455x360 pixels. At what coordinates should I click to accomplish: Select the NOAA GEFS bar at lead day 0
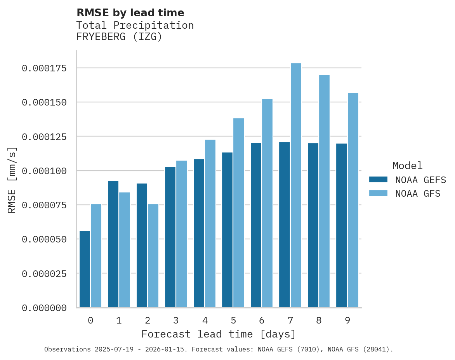(85, 269)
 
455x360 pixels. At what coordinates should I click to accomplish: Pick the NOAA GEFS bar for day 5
(227, 230)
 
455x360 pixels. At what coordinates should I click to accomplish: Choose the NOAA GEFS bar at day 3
(170, 237)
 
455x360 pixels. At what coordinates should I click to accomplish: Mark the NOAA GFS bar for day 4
(210, 223)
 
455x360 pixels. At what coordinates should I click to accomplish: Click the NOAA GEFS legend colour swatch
(378, 180)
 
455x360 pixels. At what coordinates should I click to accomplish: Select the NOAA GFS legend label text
(418, 193)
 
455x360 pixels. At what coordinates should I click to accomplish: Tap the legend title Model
(407, 166)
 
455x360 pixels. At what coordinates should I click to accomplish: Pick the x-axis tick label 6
(262, 320)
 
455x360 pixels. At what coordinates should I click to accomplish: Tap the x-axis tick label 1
(119, 320)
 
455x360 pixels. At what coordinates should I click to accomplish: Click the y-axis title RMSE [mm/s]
(12, 180)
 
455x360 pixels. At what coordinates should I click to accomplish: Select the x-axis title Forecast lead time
(218, 334)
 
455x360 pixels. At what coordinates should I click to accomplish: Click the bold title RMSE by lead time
(130, 13)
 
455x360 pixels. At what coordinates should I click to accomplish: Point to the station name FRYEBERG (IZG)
(119, 37)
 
